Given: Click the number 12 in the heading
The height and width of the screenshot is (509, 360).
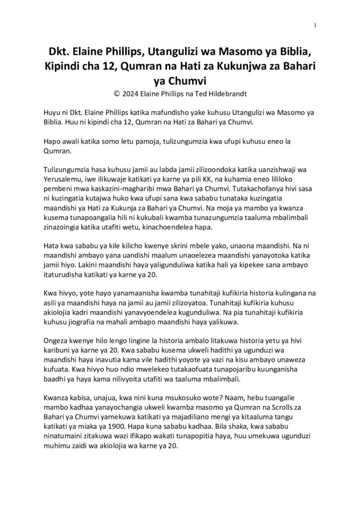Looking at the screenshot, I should [118, 66].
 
